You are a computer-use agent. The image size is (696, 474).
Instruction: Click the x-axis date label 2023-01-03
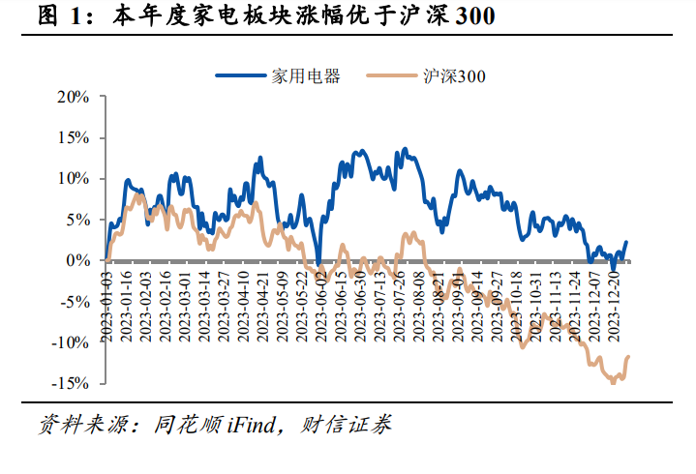[x=107, y=304]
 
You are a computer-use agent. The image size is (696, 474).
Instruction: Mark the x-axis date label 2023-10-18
[x=516, y=304]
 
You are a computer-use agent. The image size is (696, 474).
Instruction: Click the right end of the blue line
[x=626, y=242]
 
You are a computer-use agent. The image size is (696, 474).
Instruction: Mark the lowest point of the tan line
[x=613, y=382]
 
